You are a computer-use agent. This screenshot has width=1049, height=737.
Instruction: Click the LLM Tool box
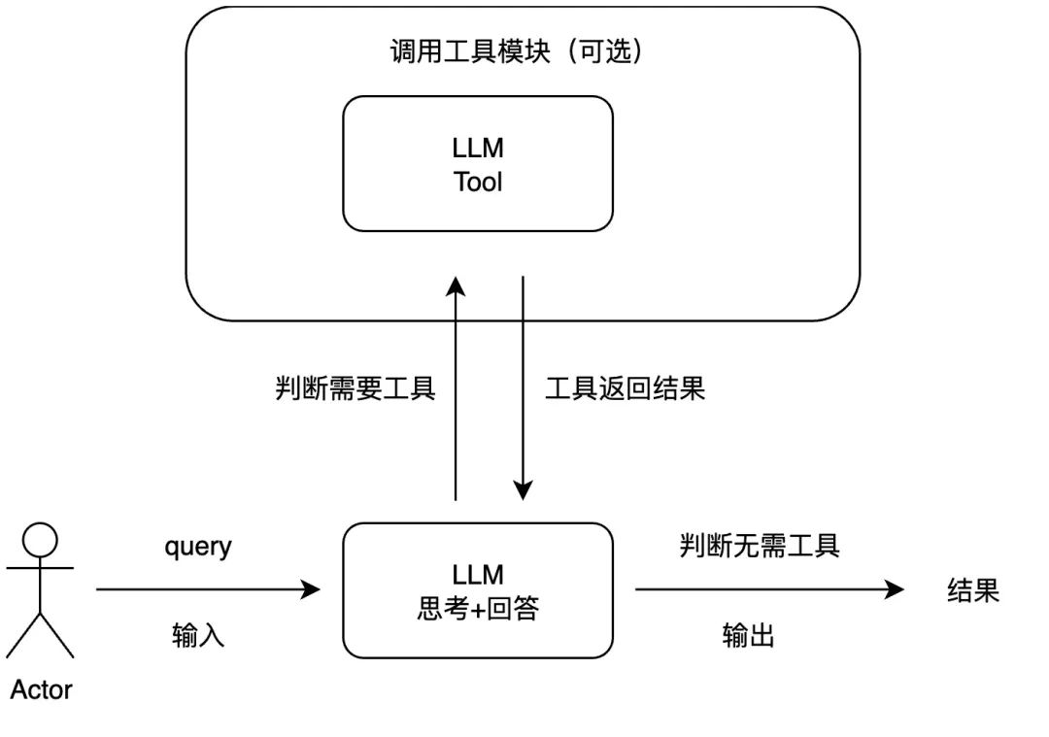pyautogui.click(x=478, y=163)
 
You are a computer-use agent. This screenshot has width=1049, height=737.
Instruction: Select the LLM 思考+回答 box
pyautogui.click(x=478, y=590)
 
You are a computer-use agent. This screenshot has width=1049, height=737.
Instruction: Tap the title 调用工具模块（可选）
pyautogui.click(x=516, y=51)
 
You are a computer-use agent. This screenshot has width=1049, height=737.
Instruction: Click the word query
pyautogui.click(x=198, y=546)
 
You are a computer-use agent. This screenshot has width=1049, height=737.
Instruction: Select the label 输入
pyautogui.click(x=198, y=636)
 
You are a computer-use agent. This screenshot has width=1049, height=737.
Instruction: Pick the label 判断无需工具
pyautogui.click(x=760, y=546)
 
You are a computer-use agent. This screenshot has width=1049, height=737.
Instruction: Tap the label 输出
pyautogui.click(x=748, y=636)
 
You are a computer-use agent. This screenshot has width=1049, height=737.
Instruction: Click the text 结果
pyautogui.click(x=973, y=590)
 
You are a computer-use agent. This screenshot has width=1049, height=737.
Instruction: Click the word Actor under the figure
pyautogui.click(x=41, y=690)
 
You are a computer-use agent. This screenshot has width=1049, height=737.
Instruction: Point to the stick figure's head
pyautogui.click(x=41, y=539)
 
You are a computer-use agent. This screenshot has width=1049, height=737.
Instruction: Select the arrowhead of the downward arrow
pyautogui.click(x=524, y=490)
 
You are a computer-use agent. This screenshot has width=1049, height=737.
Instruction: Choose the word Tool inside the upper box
pyautogui.click(x=478, y=182)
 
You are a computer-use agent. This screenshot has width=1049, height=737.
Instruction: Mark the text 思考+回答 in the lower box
pyautogui.click(x=478, y=609)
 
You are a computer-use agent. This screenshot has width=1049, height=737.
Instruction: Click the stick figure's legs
pyautogui.click(x=41, y=636)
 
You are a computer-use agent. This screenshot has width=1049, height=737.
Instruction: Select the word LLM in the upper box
pyautogui.click(x=478, y=149)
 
